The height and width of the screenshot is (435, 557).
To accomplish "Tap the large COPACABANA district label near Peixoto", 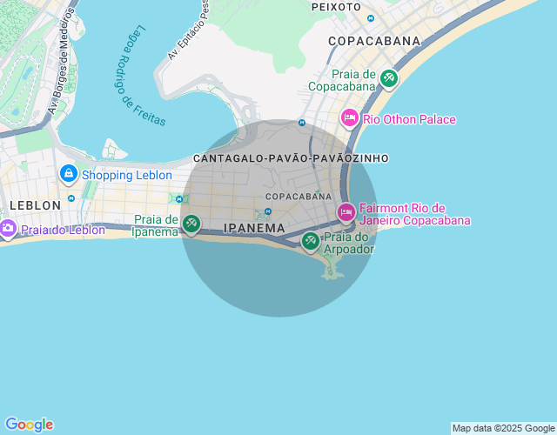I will [x=373, y=41].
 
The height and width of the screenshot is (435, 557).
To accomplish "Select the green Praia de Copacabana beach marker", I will [x=388, y=79].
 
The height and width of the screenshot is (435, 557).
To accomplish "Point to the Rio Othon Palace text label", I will [x=409, y=119].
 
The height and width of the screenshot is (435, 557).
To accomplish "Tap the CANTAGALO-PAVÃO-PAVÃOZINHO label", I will [x=291, y=158].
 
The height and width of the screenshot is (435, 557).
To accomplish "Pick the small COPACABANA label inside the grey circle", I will [x=299, y=197].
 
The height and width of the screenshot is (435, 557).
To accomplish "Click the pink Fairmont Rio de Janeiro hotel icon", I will [x=346, y=211].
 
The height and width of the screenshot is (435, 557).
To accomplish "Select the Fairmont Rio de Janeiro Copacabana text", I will [x=414, y=214].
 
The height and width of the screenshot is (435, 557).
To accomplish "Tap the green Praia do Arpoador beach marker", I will [x=311, y=240].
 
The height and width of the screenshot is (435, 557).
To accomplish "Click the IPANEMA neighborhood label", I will [x=254, y=228].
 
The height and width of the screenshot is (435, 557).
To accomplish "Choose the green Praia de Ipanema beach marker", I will [x=191, y=224].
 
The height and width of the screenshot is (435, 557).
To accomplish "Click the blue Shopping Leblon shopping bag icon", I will [x=68, y=174].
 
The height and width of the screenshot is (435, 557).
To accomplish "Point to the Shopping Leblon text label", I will [x=120, y=175].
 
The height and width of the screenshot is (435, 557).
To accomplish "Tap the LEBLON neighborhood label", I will [x=35, y=205].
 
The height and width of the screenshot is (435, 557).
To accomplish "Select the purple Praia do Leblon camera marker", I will [x=7, y=229].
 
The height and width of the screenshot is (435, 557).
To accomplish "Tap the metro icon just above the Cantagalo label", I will [x=301, y=124].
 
